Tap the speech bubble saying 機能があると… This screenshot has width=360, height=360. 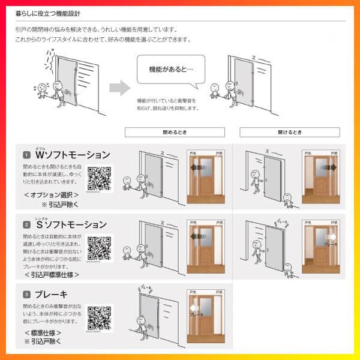point(171,70)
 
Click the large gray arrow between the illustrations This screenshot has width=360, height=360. point(120,88)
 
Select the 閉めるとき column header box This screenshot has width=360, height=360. point(175,132)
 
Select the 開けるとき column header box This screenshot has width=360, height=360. point(290,132)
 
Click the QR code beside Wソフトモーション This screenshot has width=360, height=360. point(100,179)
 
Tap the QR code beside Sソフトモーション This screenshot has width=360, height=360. point(100,248)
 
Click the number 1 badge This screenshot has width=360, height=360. point(27,155)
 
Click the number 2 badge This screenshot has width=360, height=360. point(27,225)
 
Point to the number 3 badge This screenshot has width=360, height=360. point(27,295)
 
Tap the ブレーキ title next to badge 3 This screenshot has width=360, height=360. point(52,295)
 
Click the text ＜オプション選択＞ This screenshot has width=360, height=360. point(51,195)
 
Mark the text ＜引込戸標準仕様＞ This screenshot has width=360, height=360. point(52,275)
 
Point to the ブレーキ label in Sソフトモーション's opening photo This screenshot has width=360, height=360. point(330,244)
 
